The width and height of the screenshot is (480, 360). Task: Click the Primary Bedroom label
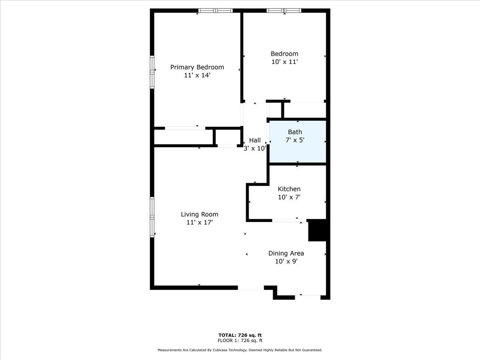pyautogui.click(x=197, y=67)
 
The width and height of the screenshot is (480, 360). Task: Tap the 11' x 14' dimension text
pyautogui.click(x=197, y=75)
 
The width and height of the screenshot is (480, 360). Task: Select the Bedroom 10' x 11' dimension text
pyautogui.click(x=284, y=62)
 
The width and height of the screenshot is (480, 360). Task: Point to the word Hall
pyautogui.click(x=255, y=140)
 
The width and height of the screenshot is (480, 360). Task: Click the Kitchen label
pyautogui.click(x=289, y=189)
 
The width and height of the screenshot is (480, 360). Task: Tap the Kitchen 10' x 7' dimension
pyautogui.click(x=289, y=197)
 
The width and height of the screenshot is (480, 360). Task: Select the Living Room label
pyautogui.click(x=199, y=214)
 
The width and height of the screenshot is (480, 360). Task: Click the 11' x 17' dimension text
pyautogui.click(x=199, y=222)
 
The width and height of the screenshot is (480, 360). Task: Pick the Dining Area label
pyautogui.click(x=286, y=253)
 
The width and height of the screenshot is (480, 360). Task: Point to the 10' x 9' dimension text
pyautogui.click(x=286, y=261)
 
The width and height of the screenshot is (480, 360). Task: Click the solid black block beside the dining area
pyautogui.click(x=318, y=230)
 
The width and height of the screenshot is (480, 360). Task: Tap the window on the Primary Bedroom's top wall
pyautogui.click(x=216, y=11)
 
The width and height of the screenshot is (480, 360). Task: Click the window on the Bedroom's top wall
pyautogui.click(x=284, y=11)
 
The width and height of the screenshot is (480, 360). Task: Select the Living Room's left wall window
pyautogui.click(x=152, y=217)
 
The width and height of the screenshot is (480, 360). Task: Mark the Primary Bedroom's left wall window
pyautogui.click(x=152, y=72)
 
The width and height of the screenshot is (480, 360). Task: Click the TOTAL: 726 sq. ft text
pyautogui.click(x=240, y=335)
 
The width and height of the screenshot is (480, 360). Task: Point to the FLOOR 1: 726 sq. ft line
pyautogui.click(x=240, y=341)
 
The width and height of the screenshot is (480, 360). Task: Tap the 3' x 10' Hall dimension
pyautogui.click(x=255, y=148)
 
